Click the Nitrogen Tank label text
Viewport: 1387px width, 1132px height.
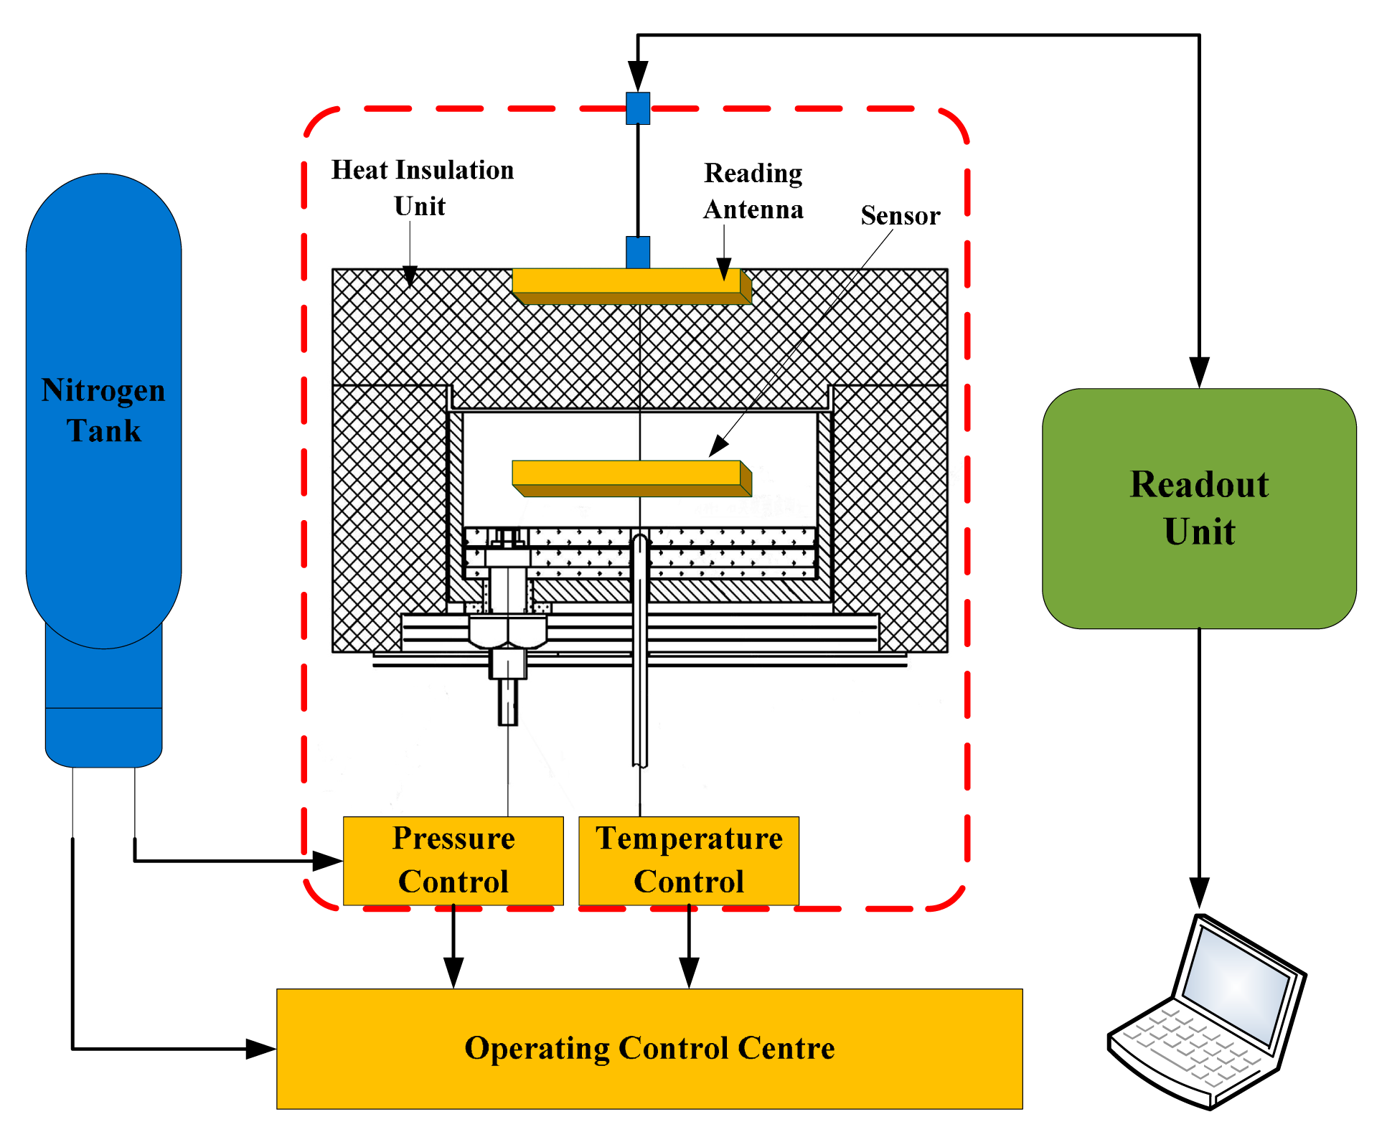[x=103, y=410]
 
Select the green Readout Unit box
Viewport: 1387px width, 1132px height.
[x=1198, y=508]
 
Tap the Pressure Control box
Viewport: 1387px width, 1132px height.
[x=453, y=860]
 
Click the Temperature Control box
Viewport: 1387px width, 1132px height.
[x=688, y=860]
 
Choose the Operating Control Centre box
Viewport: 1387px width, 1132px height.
[x=649, y=1048]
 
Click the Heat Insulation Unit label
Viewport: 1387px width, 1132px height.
[x=422, y=187]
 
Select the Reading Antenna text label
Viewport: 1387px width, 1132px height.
[x=753, y=191]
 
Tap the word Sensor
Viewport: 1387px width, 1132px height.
[x=900, y=215]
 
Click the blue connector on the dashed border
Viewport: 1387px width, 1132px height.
[x=637, y=108]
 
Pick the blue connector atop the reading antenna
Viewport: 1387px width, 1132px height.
[x=637, y=253]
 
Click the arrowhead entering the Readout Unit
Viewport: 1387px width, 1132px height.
[x=1199, y=372]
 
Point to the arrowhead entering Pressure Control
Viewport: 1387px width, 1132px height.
[x=328, y=860]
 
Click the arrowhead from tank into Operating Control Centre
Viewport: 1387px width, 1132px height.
[x=260, y=1048]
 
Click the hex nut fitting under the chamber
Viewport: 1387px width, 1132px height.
[x=507, y=632]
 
